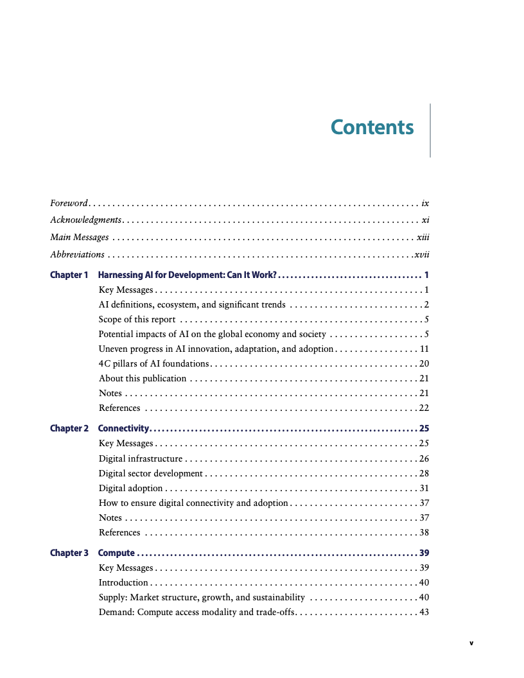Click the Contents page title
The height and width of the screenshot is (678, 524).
372,127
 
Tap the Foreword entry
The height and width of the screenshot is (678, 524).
68,203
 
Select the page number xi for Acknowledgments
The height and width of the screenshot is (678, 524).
425,220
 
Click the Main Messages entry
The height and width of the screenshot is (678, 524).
79,237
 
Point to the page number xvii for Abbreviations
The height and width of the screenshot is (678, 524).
421,254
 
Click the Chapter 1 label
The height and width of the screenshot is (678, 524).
69,275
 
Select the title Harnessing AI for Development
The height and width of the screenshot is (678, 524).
187,275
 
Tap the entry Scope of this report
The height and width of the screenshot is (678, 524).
137,319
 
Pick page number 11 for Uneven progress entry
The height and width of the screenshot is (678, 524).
424,349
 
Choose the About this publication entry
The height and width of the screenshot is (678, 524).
143,378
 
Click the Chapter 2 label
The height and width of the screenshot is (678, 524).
69,428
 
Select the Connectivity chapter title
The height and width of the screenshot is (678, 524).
123,428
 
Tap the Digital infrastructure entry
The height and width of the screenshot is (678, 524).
141,458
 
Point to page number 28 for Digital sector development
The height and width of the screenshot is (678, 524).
424,473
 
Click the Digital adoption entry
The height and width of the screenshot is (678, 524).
130,488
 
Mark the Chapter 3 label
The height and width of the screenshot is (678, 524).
69,553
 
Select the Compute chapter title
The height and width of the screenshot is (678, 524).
116,553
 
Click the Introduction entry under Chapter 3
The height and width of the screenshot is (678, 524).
123,582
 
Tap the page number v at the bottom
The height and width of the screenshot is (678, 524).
471,642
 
